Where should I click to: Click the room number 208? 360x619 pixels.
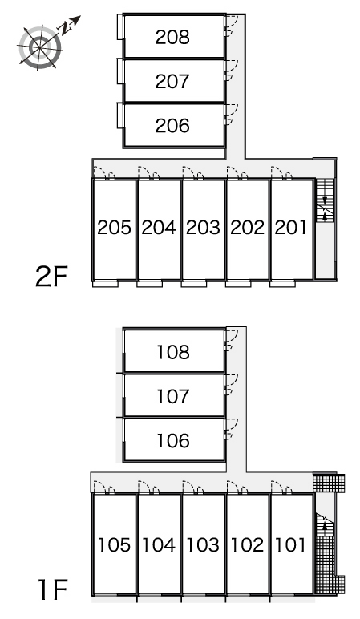(172, 37)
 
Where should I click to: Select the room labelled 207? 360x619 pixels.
(172, 81)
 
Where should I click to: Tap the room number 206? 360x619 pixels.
(172, 126)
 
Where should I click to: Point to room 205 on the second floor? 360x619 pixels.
(114, 228)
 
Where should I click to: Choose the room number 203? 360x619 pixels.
(203, 228)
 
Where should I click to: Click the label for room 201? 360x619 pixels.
(290, 228)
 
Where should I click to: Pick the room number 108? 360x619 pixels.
(173, 352)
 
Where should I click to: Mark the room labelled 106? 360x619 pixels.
(173, 440)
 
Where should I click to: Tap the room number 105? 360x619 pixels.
(114, 545)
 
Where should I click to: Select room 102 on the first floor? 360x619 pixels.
(247, 545)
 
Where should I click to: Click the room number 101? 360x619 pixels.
(290, 545)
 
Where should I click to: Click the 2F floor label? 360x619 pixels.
(51, 277)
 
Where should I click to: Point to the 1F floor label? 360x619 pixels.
(52, 589)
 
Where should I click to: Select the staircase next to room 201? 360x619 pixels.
(325, 200)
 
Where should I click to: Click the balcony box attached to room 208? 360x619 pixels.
(120, 27)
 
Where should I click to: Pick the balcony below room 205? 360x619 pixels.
(105, 284)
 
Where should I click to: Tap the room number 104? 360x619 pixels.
(158, 545)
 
